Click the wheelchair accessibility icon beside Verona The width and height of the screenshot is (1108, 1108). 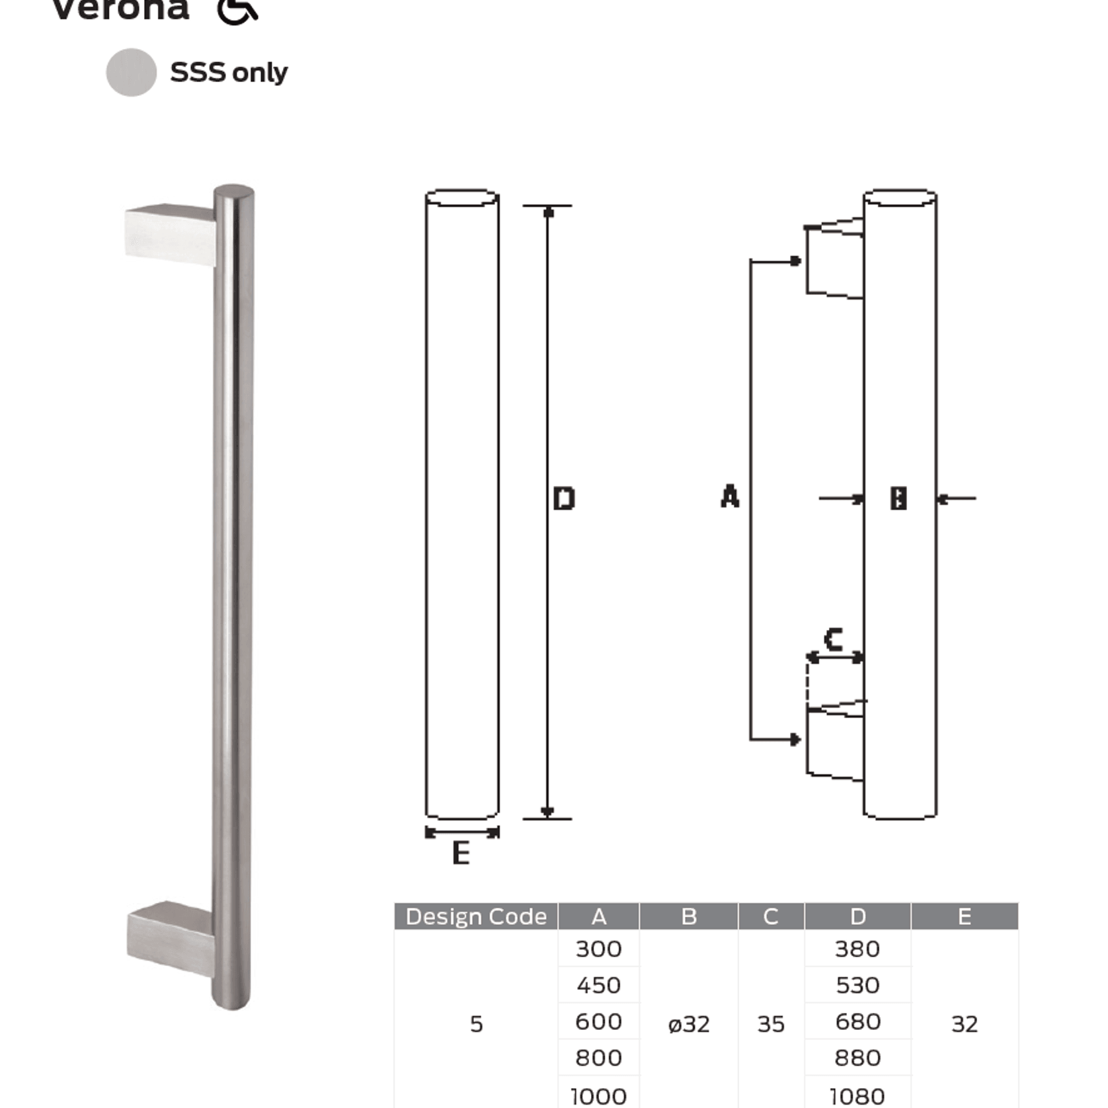point(237,11)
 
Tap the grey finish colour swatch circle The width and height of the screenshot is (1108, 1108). point(131,72)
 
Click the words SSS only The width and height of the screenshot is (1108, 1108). point(229,72)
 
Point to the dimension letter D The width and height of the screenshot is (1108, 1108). point(564,498)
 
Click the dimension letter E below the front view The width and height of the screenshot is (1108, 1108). point(461,853)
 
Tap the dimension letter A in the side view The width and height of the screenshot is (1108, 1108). point(730,496)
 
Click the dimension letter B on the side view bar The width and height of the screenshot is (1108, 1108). point(898,498)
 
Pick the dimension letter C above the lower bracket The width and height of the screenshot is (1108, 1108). point(834,639)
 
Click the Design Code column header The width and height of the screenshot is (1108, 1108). point(476,916)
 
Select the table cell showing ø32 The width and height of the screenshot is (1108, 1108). point(688,1024)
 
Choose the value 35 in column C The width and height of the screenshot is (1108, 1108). point(771,1024)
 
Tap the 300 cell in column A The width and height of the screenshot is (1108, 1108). point(598,949)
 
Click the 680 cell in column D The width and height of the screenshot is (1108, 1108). point(857,1022)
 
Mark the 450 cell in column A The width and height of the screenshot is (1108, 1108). point(598,986)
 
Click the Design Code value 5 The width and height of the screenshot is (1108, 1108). point(476,1024)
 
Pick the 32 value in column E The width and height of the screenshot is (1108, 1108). point(964,1024)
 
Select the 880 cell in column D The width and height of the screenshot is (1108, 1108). point(857,1058)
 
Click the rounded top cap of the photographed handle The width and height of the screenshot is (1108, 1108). point(234,192)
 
